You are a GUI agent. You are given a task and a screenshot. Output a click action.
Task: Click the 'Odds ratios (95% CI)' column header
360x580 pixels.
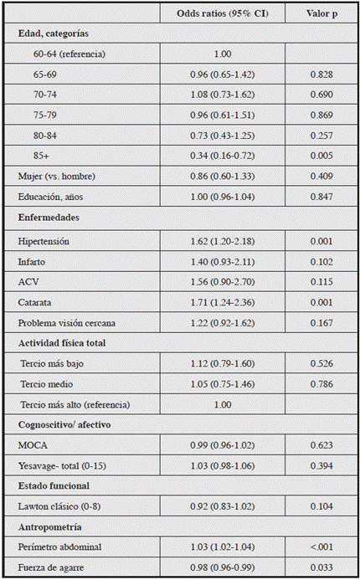tap(221, 14)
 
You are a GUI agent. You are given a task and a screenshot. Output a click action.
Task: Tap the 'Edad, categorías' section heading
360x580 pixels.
tap(54, 33)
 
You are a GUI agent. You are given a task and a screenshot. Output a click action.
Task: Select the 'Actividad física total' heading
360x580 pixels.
tap(62, 343)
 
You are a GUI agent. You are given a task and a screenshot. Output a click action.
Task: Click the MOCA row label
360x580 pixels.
tap(33, 445)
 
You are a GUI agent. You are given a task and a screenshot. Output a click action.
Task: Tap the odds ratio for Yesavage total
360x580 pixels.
tap(222, 465)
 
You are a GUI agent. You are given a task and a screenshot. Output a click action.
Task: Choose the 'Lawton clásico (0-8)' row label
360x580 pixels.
tap(61, 506)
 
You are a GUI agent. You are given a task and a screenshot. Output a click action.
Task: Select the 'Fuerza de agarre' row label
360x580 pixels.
tap(54, 567)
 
